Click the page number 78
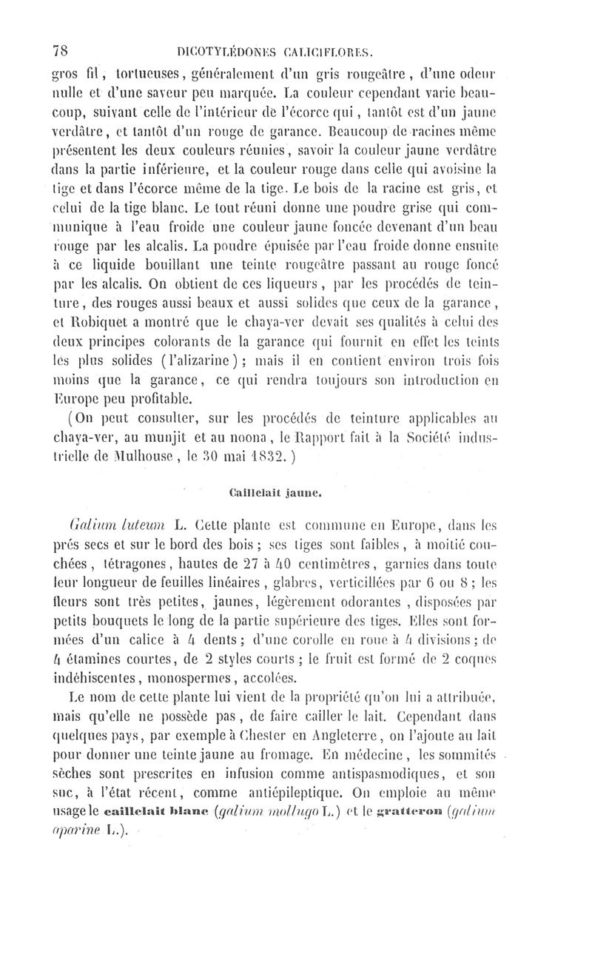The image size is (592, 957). pyautogui.click(x=61, y=51)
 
